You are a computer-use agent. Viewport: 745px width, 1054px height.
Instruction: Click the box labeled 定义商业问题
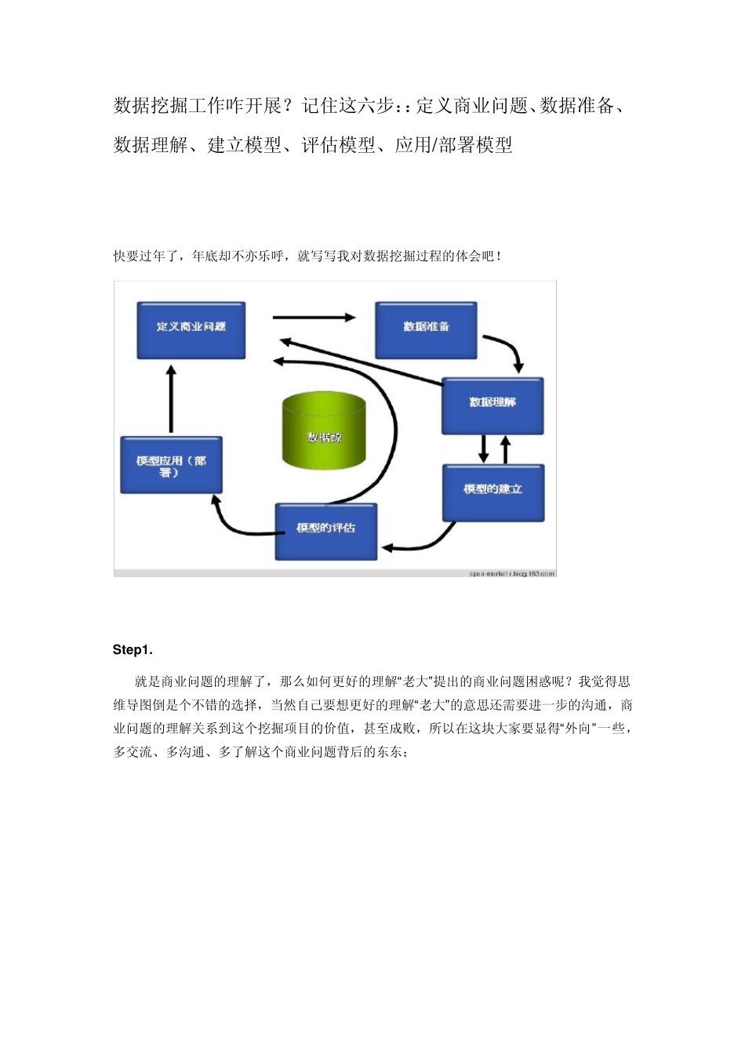pyautogui.click(x=191, y=330)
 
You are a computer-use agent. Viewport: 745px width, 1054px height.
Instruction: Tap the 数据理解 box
pyautogui.click(x=492, y=405)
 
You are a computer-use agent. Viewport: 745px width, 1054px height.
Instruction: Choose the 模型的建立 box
pyautogui.click(x=492, y=492)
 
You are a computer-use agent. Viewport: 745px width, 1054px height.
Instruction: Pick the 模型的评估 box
pyautogui.click(x=325, y=531)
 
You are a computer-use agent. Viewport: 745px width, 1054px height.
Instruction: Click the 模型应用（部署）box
pyautogui.click(x=171, y=465)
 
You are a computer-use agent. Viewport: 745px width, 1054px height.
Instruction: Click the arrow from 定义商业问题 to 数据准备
pyautogui.click(x=314, y=318)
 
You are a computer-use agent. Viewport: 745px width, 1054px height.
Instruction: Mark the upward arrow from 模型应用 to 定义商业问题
pyautogui.click(x=171, y=398)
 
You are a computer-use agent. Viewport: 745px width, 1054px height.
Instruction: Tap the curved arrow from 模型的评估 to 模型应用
pyautogui.click(x=231, y=525)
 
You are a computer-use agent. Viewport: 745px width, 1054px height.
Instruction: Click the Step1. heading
pyautogui.click(x=133, y=650)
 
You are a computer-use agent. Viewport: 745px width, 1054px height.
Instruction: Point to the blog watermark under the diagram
pyautogui.click(x=512, y=574)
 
